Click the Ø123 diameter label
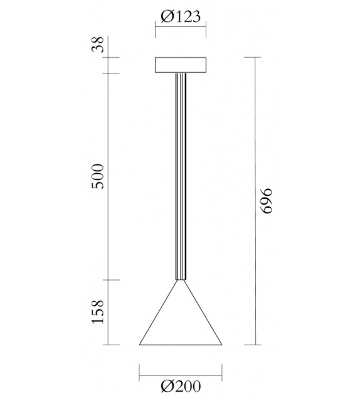(180, 16)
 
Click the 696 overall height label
(268, 201)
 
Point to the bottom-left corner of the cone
(139, 345)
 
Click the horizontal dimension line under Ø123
(180, 28)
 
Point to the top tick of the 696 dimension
(254, 57)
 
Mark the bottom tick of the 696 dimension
(254, 345)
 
